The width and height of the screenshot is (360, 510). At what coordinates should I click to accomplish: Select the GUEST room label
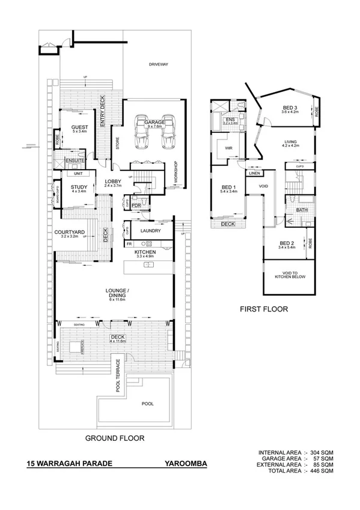80,127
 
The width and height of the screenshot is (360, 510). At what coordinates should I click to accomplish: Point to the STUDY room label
79,187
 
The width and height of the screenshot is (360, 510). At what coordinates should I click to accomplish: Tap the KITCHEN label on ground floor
145,251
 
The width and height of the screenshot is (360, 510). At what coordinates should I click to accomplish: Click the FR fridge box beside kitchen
129,244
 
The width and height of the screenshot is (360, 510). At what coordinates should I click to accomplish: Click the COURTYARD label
69,232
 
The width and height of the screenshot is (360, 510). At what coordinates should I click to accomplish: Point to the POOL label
147,404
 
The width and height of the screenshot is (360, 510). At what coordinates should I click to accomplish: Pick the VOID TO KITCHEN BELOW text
290,276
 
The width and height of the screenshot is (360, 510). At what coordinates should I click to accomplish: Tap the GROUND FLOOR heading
114,438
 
